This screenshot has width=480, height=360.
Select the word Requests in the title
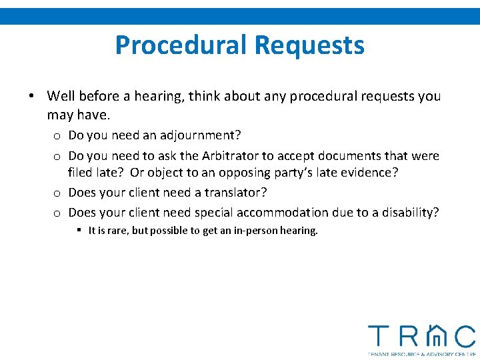coord(309,45)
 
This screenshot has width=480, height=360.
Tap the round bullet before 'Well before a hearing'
coord(31,96)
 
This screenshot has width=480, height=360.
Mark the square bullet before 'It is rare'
coord(79,231)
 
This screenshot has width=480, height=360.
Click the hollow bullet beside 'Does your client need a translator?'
coord(58,193)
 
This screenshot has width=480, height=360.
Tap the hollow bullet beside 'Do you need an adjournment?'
coord(58,136)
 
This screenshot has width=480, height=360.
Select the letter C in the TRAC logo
coord(465,336)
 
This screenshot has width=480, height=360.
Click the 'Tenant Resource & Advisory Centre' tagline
coord(422,354)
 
